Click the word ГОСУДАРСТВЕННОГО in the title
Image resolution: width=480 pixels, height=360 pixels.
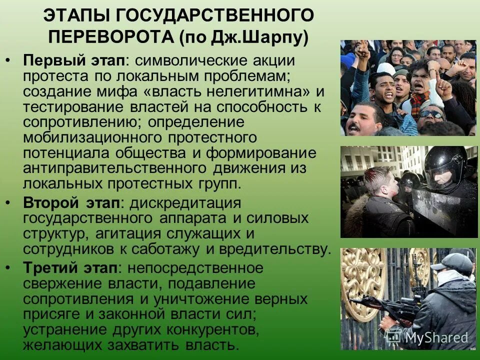(x=215, y=16)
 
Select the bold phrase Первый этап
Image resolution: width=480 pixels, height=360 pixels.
(x=74, y=60)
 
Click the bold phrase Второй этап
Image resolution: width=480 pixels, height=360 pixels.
(x=72, y=203)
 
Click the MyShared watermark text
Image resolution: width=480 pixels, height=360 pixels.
(x=436, y=337)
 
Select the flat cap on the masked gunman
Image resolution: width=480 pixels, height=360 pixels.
(x=453, y=261)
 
